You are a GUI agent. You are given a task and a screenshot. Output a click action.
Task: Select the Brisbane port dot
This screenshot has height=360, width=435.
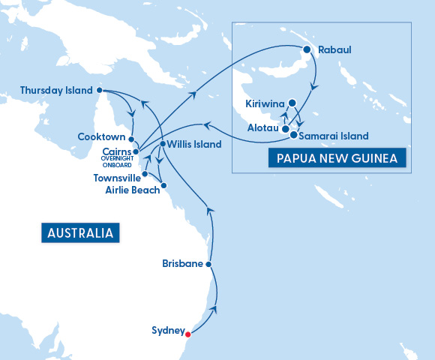[x=208, y=264]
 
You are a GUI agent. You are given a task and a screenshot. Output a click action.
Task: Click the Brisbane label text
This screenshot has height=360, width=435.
[x=182, y=264]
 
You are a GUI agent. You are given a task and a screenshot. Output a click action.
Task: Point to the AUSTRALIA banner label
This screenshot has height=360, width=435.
[x=80, y=232]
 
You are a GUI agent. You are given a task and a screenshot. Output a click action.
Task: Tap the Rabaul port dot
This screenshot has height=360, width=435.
[x=307, y=50]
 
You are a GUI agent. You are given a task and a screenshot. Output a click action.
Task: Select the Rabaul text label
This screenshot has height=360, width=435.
[x=334, y=51]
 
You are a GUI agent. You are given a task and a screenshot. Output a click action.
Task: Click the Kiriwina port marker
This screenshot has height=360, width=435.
[x=292, y=103]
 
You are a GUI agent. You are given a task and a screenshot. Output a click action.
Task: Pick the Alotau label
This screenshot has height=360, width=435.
[x=264, y=129]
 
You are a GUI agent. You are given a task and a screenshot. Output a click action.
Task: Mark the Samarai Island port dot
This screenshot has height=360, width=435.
[x=293, y=136]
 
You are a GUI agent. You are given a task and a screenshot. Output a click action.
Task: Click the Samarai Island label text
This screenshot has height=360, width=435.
[x=334, y=136]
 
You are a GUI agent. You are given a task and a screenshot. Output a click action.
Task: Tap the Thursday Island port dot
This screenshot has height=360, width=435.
[x=100, y=90]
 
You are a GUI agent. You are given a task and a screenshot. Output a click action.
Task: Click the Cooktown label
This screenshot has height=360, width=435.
[x=102, y=137]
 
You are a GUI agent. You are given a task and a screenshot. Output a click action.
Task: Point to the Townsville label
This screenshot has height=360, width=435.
[x=116, y=178]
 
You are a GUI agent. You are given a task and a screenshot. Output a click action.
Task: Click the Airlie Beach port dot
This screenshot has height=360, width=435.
[x=164, y=184]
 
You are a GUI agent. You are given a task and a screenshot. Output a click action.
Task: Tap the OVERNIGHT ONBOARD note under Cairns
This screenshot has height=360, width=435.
[x=117, y=163]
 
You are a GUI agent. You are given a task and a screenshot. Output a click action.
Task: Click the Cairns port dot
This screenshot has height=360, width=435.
[x=136, y=151]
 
